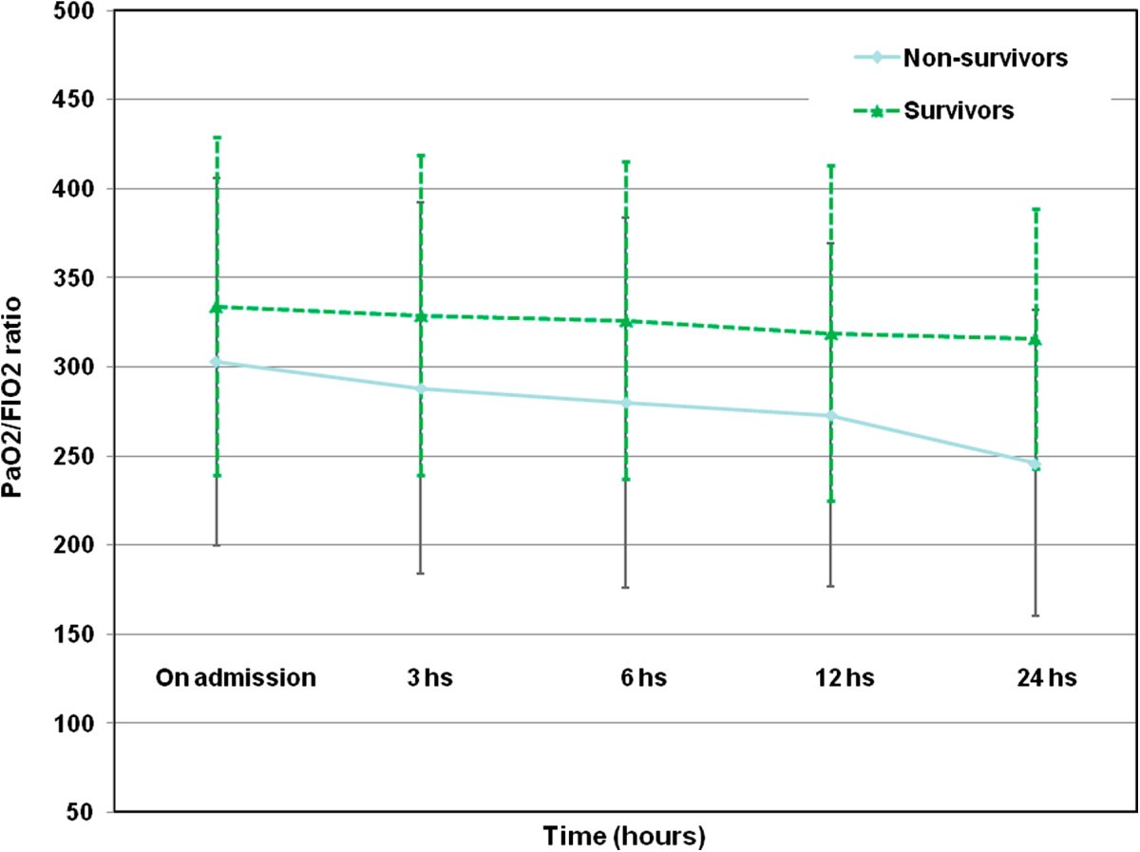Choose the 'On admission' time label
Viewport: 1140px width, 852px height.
point(235,679)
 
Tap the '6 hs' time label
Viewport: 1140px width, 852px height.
point(626,679)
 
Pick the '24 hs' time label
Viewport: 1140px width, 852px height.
point(1036,679)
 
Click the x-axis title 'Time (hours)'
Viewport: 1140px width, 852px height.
point(623,837)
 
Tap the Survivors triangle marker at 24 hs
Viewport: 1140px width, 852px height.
point(1036,339)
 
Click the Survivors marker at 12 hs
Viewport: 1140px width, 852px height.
point(831,334)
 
